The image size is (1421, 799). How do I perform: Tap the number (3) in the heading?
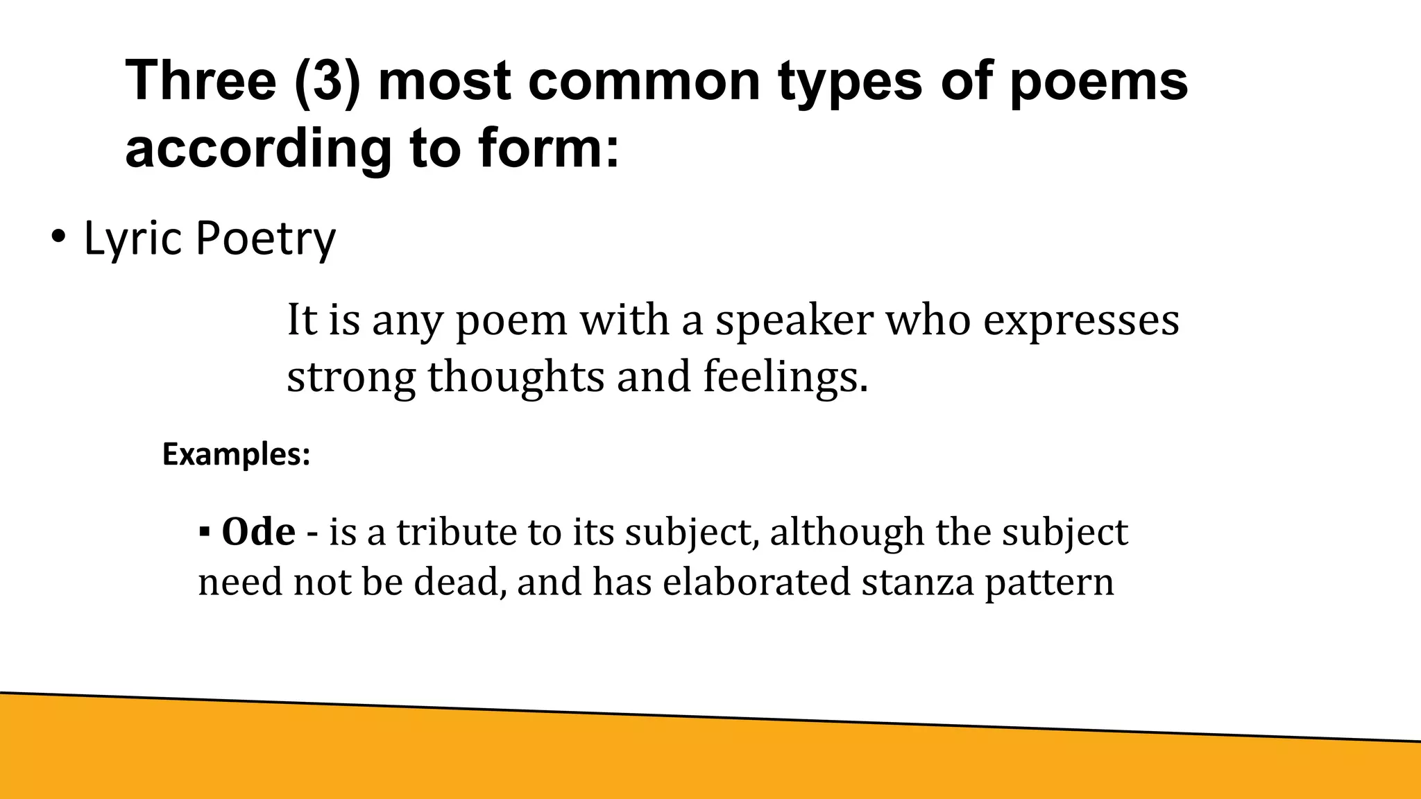(x=327, y=81)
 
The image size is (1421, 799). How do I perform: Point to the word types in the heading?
(x=850, y=81)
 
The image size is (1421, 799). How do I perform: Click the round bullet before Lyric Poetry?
(x=58, y=237)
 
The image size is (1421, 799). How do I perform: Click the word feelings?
(x=785, y=377)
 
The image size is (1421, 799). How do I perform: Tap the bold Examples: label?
(x=236, y=455)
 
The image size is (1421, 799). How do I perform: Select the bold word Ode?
(x=258, y=532)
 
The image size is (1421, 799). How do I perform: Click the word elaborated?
(x=756, y=581)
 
